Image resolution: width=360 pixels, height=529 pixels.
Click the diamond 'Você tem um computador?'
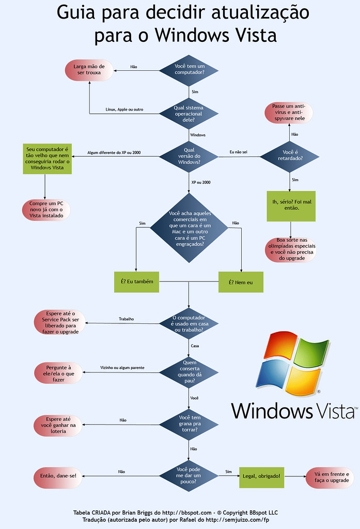(189, 70)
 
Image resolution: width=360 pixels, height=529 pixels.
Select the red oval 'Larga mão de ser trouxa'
(89, 70)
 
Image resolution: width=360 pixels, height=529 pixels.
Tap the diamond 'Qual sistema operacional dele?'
(189, 114)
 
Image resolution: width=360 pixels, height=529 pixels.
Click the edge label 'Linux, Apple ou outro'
(124, 110)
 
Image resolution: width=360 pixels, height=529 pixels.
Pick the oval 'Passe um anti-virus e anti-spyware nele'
(289, 113)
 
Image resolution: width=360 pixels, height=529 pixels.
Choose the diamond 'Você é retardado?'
(289, 156)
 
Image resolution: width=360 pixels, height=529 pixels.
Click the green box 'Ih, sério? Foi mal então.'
(291, 206)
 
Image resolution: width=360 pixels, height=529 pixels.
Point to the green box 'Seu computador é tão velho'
(47, 159)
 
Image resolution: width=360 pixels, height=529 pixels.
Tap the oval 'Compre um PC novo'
(46, 210)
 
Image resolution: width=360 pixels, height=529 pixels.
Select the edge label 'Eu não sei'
(238, 152)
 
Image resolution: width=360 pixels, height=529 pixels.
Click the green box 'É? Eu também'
(137, 282)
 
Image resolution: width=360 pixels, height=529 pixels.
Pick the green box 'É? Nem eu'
(241, 282)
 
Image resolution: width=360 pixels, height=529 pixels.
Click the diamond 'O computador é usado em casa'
(189, 323)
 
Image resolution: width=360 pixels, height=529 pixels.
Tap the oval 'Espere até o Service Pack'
(60, 322)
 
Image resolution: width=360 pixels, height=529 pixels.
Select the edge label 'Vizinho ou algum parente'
(122, 367)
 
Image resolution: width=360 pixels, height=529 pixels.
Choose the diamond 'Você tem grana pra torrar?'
(189, 424)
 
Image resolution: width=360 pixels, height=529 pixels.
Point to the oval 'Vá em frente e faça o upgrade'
(330, 477)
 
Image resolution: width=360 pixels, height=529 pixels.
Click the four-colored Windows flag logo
(293, 362)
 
